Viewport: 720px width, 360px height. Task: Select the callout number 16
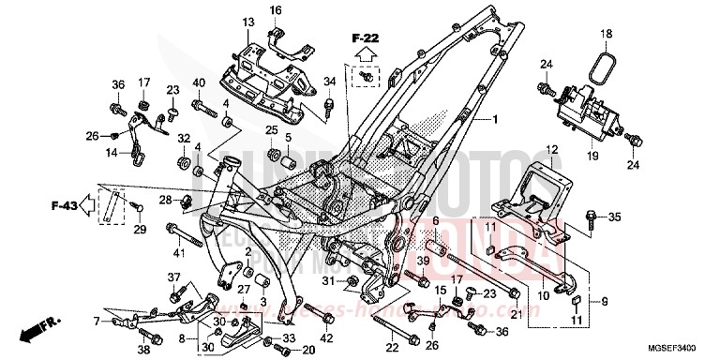pos(276,10)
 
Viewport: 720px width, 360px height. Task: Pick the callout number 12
pos(552,150)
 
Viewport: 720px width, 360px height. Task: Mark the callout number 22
pos(391,348)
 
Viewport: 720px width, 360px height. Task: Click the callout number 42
pos(326,337)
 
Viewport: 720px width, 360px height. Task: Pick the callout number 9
pos(606,301)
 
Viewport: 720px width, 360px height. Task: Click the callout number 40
pos(198,83)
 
